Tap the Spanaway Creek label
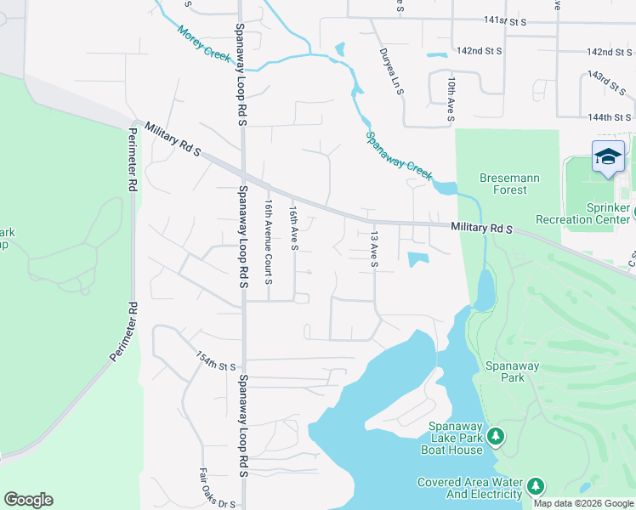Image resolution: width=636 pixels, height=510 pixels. tap(399, 154)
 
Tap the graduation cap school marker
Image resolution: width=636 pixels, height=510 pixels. tap(608, 156)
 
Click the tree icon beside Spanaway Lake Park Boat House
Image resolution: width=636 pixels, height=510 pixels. tap(496, 437)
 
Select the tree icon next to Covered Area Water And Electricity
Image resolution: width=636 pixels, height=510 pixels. tap(535, 486)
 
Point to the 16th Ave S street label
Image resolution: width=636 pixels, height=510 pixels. tap(293, 227)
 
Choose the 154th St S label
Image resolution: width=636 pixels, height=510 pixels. tap(215, 361)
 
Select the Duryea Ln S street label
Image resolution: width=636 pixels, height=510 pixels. tap(391, 70)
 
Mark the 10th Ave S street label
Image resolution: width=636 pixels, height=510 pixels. tap(451, 99)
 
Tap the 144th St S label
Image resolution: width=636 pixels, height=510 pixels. tap(613, 116)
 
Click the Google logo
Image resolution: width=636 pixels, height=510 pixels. tap(28, 500)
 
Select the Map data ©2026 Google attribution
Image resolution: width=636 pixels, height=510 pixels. tap(583, 503)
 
